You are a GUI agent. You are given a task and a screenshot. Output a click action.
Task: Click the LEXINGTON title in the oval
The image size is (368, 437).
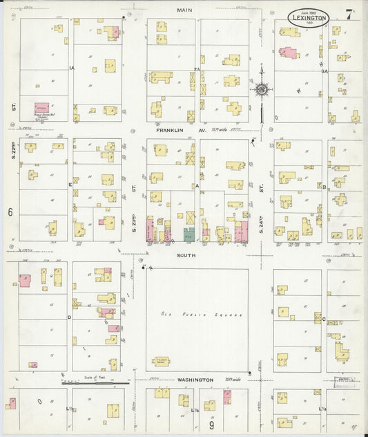tap(308, 17)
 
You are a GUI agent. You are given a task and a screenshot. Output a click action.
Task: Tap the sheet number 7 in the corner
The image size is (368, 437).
tap(351, 12)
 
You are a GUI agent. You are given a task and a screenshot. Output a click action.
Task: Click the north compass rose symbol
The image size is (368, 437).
tap(262, 89)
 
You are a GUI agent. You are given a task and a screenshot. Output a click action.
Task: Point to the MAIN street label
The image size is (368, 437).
tap(184, 10)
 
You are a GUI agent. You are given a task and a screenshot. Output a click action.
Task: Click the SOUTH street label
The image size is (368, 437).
tap(186, 255)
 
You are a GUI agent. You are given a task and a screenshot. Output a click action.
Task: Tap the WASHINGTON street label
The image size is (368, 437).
tap(197, 380)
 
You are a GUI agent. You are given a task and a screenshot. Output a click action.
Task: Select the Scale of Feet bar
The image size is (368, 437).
tap(97, 381)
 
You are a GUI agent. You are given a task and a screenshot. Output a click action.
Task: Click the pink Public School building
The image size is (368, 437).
tap(41, 108)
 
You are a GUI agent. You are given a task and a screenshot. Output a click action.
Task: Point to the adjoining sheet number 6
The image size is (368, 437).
tap(10, 212)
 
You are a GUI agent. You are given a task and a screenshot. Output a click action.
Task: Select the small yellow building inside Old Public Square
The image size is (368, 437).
tap(161, 360)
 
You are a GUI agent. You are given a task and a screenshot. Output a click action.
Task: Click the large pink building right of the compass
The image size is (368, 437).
tap(288, 53)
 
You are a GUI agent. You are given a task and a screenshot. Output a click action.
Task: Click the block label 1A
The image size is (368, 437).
tap(71, 68)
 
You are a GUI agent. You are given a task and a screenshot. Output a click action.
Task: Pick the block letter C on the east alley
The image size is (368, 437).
tap(323, 319)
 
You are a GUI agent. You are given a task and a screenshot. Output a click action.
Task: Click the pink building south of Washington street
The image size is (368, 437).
tap(226, 396)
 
